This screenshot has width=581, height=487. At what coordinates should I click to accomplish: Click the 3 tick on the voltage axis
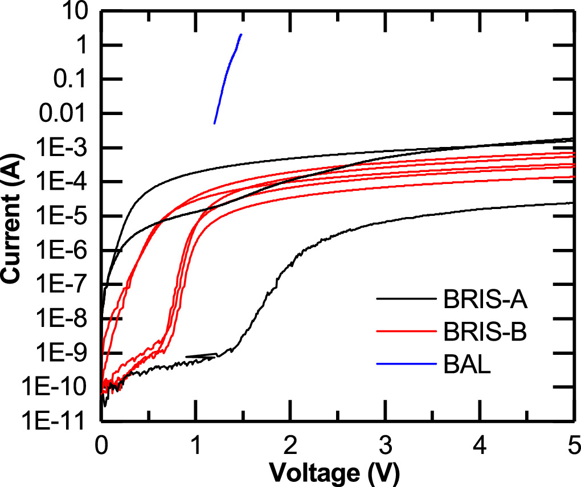(x=385, y=443)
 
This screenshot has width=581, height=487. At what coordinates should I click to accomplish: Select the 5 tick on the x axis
(x=572, y=443)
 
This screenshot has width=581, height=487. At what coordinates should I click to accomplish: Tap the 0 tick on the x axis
(x=101, y=443)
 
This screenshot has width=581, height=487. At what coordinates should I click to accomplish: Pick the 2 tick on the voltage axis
(x=290, y=443)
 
